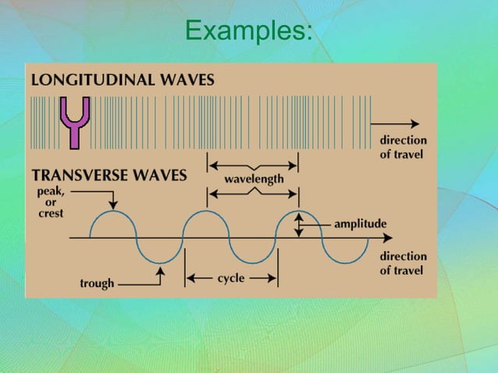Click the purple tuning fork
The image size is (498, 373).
(75, 121)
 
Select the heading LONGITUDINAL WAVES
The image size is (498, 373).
(123, 79)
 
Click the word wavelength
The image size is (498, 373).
(254, 179)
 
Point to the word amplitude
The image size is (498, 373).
(360, 224)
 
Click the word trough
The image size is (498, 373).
(97, 283)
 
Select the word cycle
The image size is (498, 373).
(232, 278)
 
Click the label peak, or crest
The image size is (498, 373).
(50, 201)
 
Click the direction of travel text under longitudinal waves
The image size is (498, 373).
(403, 147)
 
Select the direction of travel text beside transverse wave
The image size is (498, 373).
(403, 263)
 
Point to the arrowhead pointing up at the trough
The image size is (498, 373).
(160, 272)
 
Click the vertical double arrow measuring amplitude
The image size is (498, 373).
(297, 224)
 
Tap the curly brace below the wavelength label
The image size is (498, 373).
(252, 191)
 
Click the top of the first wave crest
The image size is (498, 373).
(113, 211)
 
